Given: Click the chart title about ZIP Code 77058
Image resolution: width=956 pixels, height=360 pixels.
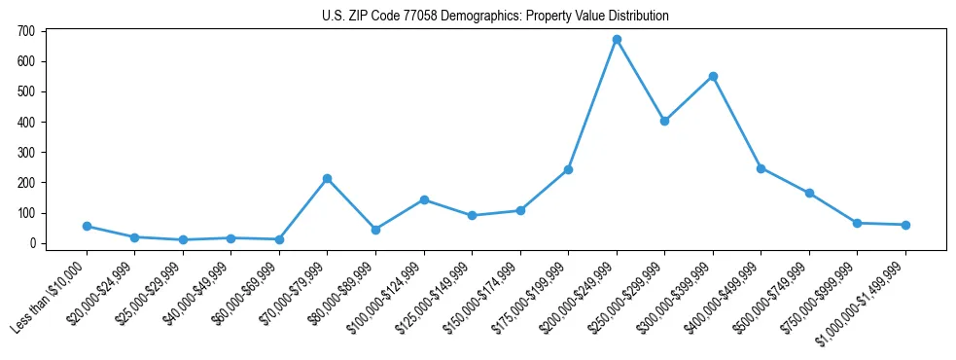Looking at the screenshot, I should click(x=495, y=17).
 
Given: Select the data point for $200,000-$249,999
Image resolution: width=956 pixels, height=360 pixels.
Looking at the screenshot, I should click(x=617, y=40).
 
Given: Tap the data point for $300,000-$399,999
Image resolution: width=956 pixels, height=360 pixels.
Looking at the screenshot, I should click(x=713, y=76).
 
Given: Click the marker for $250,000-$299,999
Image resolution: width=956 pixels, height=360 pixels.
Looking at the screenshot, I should click(x=664, y=122).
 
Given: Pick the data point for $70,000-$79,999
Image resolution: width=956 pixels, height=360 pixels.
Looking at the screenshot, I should click(x=327, y=178).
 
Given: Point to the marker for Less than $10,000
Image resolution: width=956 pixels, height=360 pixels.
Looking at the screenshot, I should click(x=87, y=226).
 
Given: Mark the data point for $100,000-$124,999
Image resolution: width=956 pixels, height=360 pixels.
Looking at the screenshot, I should click(x=424, y=199).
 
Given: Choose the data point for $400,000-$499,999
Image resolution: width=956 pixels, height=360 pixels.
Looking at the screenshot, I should click(x=761, y=168).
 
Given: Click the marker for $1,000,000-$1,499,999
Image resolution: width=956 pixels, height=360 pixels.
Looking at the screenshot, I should click(x=905, y=225).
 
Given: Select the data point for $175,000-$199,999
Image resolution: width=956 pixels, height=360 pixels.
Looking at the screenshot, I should click(x=568, y=169).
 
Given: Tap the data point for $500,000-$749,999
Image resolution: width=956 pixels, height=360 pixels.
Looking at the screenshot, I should click(x=809, y=193).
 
